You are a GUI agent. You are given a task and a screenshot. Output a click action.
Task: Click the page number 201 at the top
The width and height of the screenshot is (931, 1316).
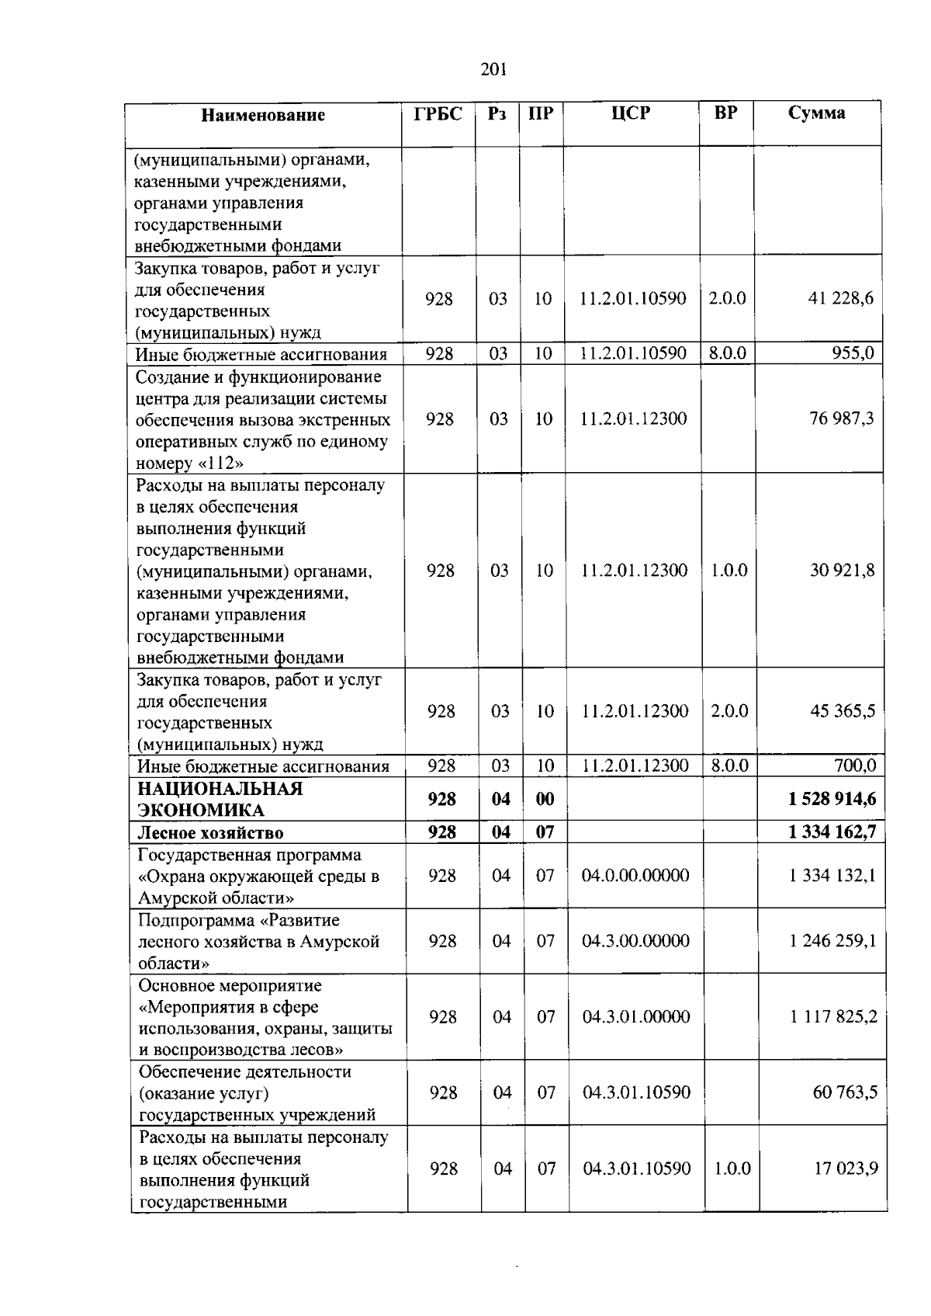click(493, 70)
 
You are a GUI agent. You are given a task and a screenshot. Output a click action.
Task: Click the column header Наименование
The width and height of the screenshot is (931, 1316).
click(262, 116)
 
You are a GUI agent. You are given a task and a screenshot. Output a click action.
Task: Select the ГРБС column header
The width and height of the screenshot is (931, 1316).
click(438, 114)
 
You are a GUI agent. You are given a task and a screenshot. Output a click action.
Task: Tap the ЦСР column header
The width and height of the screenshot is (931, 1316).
click(630, 114)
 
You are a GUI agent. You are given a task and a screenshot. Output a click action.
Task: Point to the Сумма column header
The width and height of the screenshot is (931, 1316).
click(816, 113)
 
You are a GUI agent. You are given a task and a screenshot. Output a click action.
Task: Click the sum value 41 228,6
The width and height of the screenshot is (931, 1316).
click(841, 299)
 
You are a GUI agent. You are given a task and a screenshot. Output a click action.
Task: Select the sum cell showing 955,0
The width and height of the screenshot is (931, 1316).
click(853, 354)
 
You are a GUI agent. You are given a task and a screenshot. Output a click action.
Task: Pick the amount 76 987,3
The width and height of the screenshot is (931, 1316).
click(842, 419)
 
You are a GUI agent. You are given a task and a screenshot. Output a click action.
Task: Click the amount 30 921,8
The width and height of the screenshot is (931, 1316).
click(843, 571)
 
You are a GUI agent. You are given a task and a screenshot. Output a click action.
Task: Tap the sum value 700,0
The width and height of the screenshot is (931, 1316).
click(855, 766)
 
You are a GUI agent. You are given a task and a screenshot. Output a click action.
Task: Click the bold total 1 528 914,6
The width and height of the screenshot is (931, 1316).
click(832, 799)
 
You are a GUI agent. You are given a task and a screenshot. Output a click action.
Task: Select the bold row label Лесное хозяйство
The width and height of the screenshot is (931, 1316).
click(210, 833)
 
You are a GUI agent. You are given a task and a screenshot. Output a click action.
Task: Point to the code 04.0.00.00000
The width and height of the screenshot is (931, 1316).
click(635, 876)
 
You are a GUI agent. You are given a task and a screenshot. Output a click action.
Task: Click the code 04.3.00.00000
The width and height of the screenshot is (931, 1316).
click(635, 941)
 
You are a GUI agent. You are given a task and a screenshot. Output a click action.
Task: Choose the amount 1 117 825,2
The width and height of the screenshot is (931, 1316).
click(833, 1017)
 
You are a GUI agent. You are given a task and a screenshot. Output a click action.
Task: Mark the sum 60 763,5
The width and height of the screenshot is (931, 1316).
click(845, 1093)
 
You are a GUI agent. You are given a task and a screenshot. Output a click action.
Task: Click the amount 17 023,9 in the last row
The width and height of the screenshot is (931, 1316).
click(846, 1168)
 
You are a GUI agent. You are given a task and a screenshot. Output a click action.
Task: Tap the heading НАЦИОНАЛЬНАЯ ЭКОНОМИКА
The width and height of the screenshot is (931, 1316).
click(220, 800)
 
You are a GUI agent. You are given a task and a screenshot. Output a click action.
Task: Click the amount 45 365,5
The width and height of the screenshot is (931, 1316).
click(843, 711)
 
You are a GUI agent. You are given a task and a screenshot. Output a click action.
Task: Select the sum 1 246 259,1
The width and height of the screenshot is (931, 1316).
click(833, 941)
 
